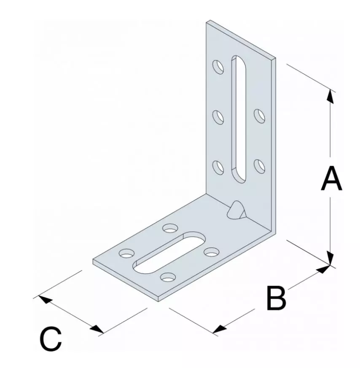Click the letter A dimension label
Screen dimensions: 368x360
[x=331, y=179]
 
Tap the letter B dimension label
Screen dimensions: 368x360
[x=276, y=298]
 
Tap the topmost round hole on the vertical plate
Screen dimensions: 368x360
[x=218, y=67]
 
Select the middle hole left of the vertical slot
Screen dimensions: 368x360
[x=218, y=116]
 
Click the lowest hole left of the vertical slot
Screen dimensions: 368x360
[x=218, y=166]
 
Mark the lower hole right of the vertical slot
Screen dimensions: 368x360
[x=259, y=165]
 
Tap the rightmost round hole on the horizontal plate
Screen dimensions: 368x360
[x=210, y=252]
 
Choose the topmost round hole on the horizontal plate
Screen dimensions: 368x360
[x=170, y=228]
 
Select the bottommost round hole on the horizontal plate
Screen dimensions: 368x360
[x=168, y=277]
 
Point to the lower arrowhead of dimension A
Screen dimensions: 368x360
[x=331, y=258]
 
